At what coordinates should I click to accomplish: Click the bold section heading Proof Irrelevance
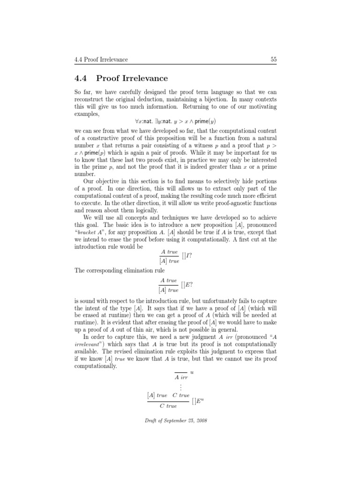[132, 78]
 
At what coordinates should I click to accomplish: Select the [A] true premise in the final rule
[157, 396]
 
